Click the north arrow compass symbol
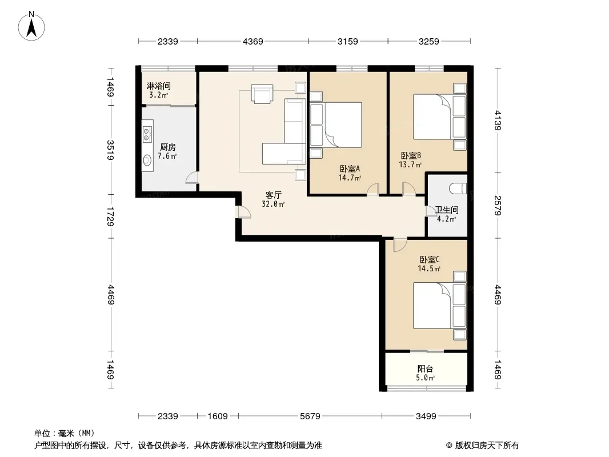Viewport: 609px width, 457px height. pos(31,26)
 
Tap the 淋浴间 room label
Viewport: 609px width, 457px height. pos(158,86)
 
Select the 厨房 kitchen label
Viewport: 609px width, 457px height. pos(168,147)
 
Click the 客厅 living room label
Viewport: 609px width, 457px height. pos(274,195)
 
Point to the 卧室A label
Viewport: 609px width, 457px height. pos(350,169)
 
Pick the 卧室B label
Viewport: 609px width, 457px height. pos(411,156)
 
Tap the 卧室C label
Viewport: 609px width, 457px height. pos(429,259)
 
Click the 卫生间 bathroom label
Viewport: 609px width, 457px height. pos(447,210)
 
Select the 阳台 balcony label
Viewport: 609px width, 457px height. pos(425,368)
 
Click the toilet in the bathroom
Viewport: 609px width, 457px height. pos(458,189)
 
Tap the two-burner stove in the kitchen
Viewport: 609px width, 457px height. pos(147,134)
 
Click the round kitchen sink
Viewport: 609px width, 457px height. pos(147,160)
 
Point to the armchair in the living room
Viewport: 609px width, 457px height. pos(262,94)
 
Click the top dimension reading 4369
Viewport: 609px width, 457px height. pos(253,41)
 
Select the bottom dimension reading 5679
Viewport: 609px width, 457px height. pos(310,416)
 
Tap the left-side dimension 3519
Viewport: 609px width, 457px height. pos(110,150)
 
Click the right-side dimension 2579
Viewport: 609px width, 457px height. pos(498,206)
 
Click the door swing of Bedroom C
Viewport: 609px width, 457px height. pos(399,245)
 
